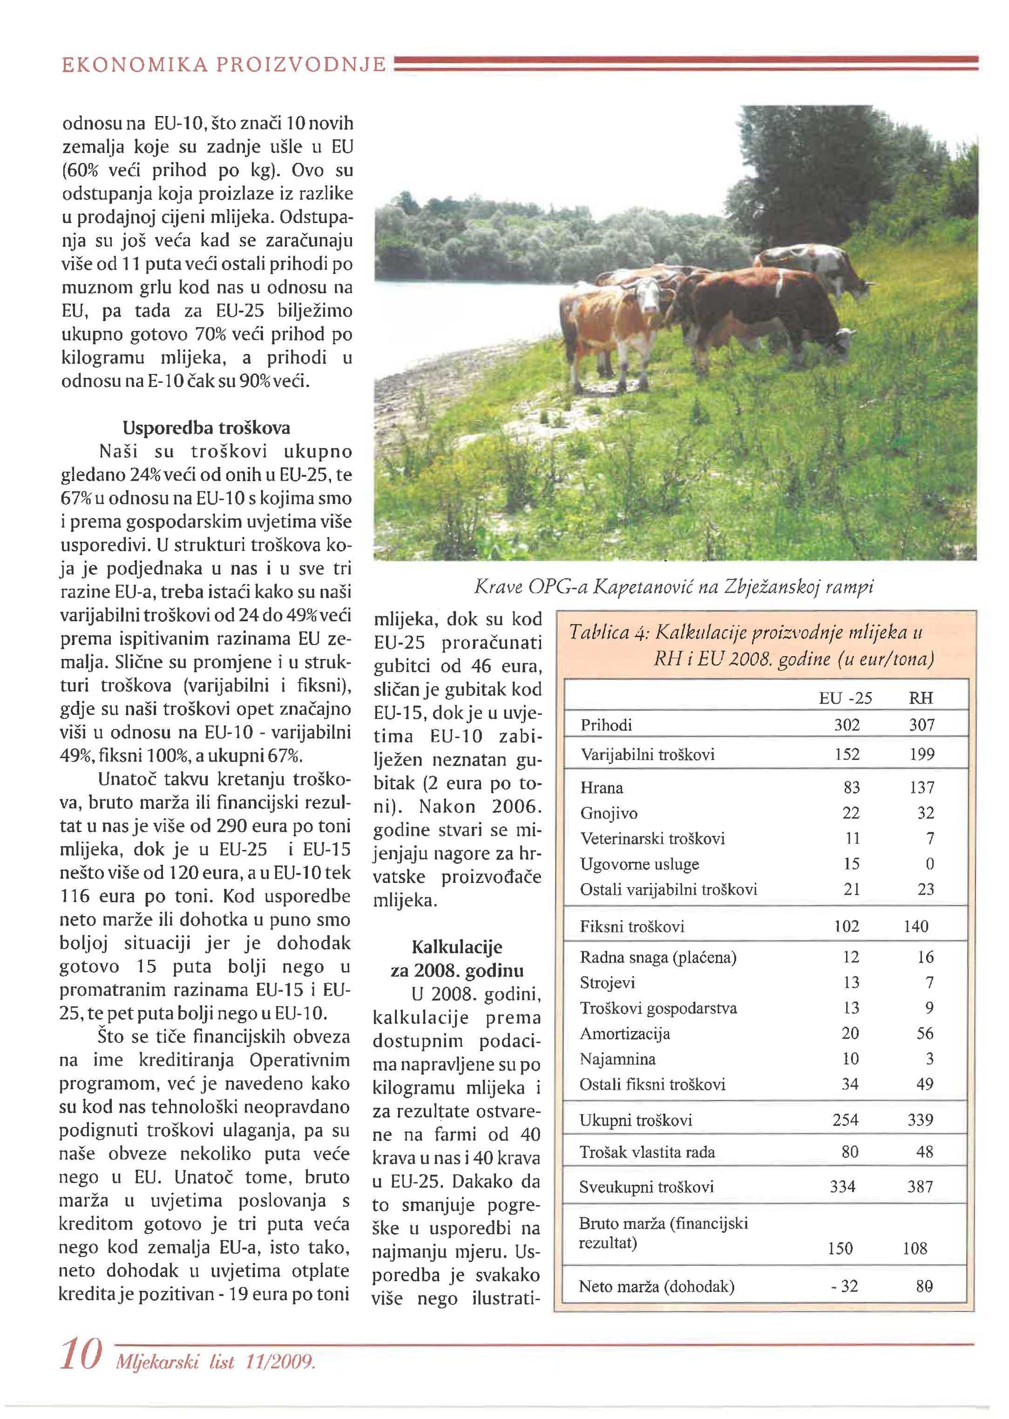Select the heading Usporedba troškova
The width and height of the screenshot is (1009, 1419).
(206, 428)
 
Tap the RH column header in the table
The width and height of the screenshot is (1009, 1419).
(921, 698)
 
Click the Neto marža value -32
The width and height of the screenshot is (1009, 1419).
(844, 1286)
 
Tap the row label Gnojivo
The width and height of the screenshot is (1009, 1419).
(600, 813)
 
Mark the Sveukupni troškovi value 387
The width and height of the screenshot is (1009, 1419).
(920, 1187)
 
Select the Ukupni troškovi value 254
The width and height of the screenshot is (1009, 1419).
(845, 1120)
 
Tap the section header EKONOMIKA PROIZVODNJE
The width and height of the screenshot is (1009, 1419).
(223, 65)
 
